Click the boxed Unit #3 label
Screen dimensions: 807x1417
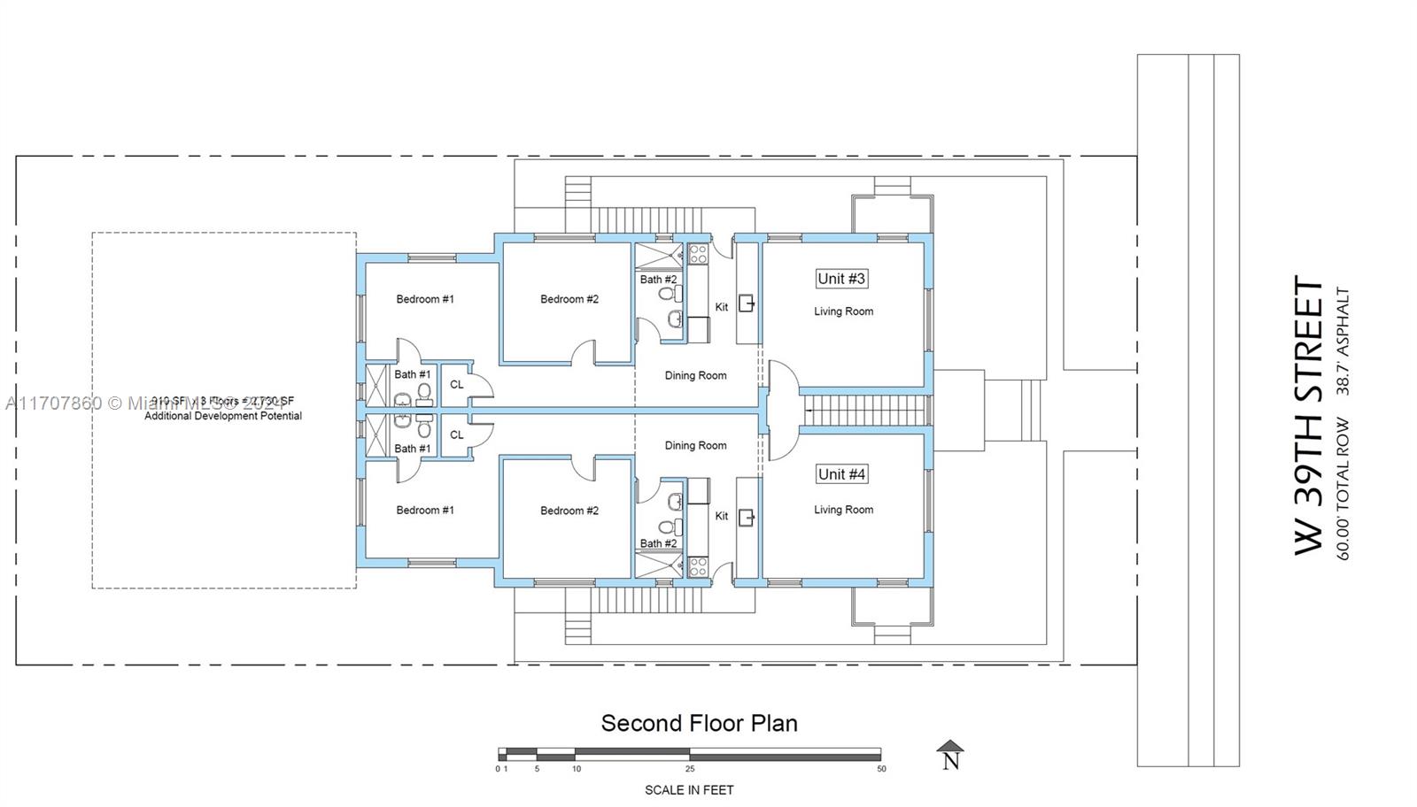coord(840,279)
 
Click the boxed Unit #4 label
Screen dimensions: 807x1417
coord(840,474)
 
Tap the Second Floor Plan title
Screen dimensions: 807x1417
coord(699,723)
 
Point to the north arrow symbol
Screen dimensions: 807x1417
coord(950,755)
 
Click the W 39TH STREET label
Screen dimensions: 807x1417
coord(1309,416)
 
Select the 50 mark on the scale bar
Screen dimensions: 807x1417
coord(881,769)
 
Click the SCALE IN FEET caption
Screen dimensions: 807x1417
coord(688,789)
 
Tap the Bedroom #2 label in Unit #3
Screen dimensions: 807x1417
coord(569,299)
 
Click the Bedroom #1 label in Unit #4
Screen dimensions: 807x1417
coord(425,510)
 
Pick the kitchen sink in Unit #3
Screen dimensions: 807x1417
coord(747,304)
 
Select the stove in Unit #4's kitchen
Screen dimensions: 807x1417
coord(698,566)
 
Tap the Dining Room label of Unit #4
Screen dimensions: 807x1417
coord(695,445)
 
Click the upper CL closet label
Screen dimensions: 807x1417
coord(456,385)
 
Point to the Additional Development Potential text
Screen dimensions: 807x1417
coord(223,416)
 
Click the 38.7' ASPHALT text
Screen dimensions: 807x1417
coord(1343,341)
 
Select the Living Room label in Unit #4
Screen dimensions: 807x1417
coord(843,510)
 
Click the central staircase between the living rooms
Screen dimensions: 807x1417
coord(863,411)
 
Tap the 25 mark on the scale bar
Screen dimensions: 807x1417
coord(689,769)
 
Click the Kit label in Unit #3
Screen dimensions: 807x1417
coord(721,307)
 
